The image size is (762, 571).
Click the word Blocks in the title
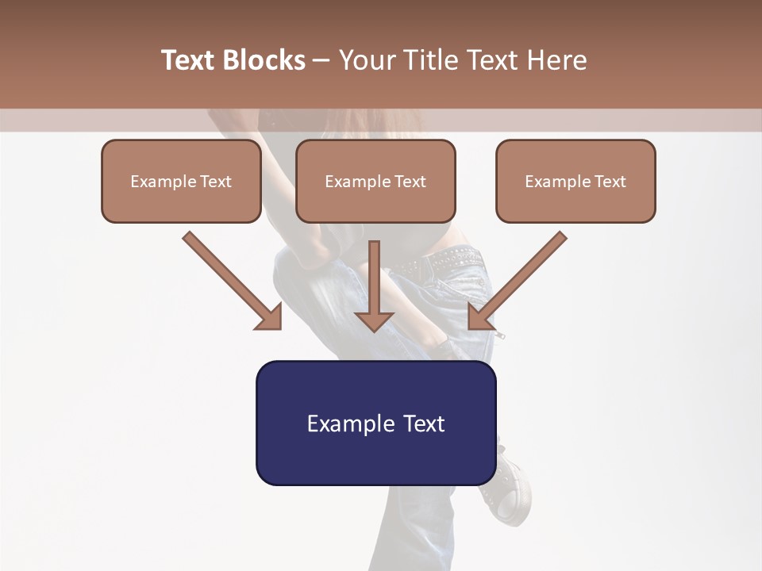(x=264, y=60)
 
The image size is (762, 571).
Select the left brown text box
(x=181, y=182)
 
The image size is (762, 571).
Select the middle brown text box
(x=375, y=182)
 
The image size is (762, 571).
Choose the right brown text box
(x=575, y=182)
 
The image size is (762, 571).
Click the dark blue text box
(x=375, y=423)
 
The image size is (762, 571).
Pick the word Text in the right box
(x=610, y=182)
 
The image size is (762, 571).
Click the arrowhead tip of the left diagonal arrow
(x=278, y=326)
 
